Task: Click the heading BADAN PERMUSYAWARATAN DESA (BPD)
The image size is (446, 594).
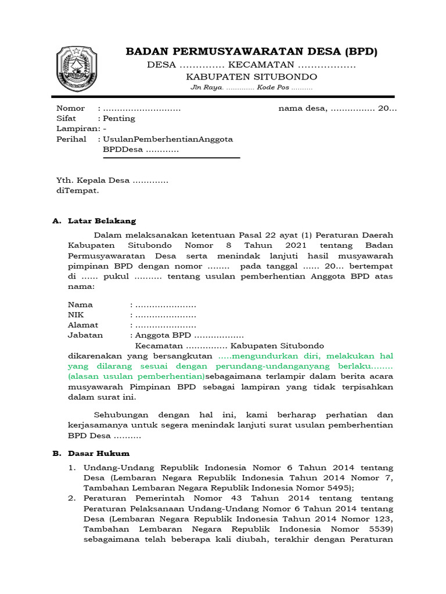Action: tap(251, 52)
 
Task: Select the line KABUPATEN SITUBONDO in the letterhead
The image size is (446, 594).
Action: tap(251, 77)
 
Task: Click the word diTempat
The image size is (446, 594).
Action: tap(77, 190)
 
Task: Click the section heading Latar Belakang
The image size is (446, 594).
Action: tap(102, 221)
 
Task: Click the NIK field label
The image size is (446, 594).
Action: tap(75, 315)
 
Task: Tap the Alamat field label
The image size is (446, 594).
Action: tap(83, 325)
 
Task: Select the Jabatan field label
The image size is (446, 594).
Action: tap(85, 335)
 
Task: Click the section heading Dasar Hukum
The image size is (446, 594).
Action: tap(99, 453)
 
